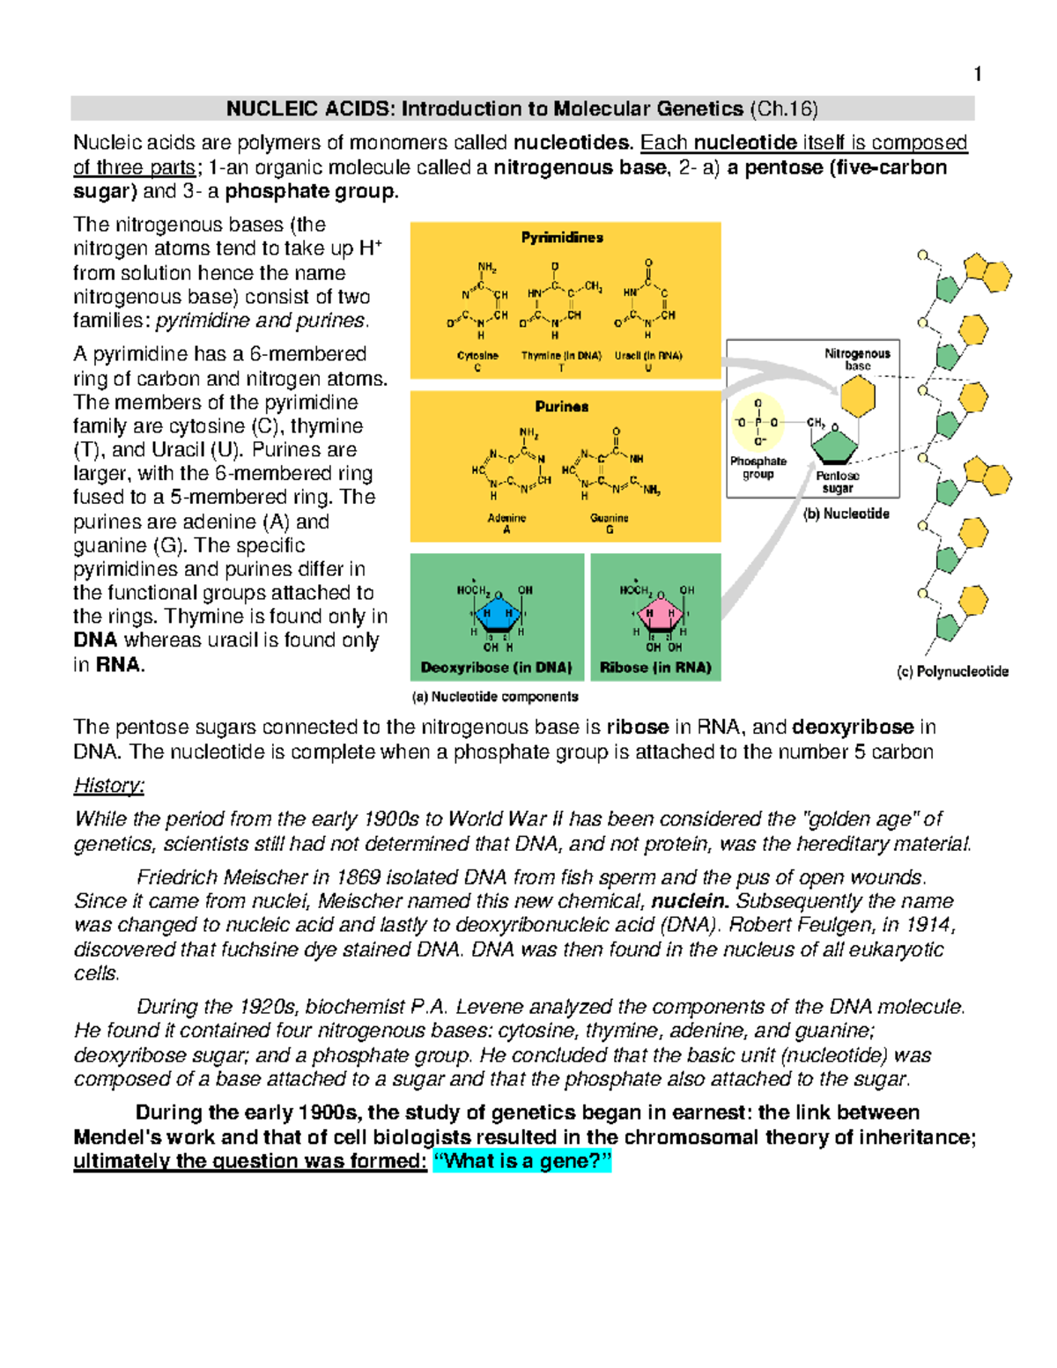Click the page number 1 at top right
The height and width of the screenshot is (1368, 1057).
point(977,75)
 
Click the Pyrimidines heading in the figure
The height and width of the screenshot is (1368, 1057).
point(562,238)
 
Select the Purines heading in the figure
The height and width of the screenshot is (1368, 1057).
point(562,407)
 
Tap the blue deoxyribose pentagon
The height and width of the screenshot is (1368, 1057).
point(499,614)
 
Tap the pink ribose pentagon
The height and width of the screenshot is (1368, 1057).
point(659,614)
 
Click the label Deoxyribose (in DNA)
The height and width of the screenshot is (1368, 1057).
point(497,668)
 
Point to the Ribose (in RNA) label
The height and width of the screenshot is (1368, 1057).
point(655,668)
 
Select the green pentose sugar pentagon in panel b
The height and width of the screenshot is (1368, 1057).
point(833,447)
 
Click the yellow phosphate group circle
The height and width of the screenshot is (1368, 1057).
point(758,423)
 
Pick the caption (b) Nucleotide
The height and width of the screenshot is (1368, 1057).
point(846,514)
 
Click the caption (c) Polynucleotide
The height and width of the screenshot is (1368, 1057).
point(952,672)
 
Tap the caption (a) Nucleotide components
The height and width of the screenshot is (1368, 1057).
point(495,697)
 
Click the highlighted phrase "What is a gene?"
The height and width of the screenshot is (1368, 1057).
point(522,1161)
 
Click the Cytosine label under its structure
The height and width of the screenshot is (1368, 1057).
point(477,356)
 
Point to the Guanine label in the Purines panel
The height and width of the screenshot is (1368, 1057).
point(610,519)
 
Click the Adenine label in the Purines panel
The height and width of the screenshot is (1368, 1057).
point(506,519)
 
